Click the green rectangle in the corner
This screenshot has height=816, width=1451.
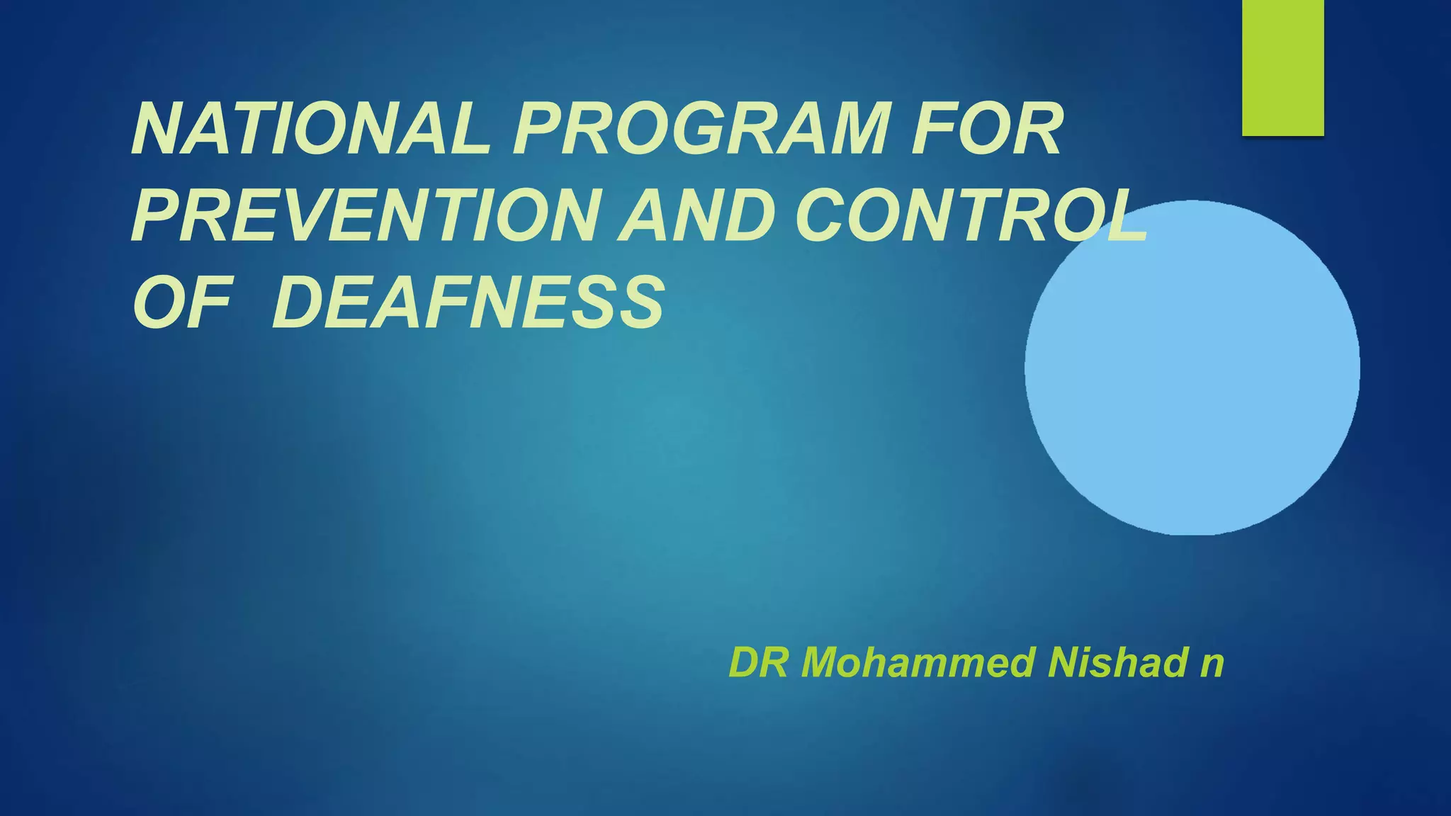(1282, 67)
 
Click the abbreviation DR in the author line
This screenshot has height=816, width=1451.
(757, 663)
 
